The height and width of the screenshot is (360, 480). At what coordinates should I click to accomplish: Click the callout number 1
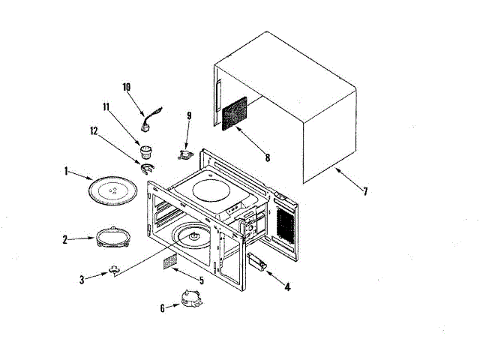coord(67,171)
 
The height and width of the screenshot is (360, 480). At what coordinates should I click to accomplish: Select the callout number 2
coord(65,240)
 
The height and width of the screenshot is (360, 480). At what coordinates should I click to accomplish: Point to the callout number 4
coord(287,285)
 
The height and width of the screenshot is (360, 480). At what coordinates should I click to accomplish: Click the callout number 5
coord(200,280)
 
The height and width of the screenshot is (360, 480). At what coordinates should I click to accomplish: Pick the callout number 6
coord(163,307)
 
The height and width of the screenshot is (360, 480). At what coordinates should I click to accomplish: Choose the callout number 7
coord(365,191)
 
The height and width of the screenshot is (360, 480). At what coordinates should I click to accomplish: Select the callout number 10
coord(127,87)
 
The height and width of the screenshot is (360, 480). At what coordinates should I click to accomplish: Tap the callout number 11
coord(106,107)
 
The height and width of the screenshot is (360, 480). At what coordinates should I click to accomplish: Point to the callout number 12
coord(94,130)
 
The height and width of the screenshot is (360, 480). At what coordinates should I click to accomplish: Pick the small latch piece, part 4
coord(257,262)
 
